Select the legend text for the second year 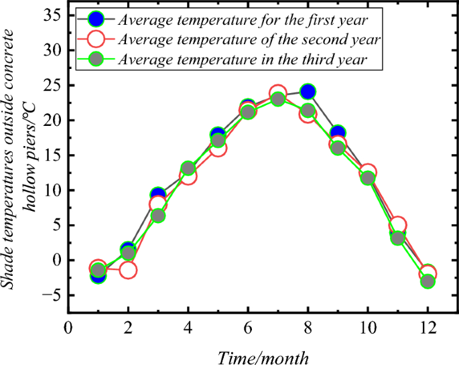249,40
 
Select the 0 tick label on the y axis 56,260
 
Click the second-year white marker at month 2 128,270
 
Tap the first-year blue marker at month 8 308,92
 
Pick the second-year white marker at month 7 278,93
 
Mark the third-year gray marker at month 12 427,281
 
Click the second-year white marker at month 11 397,226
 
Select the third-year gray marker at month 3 157,216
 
